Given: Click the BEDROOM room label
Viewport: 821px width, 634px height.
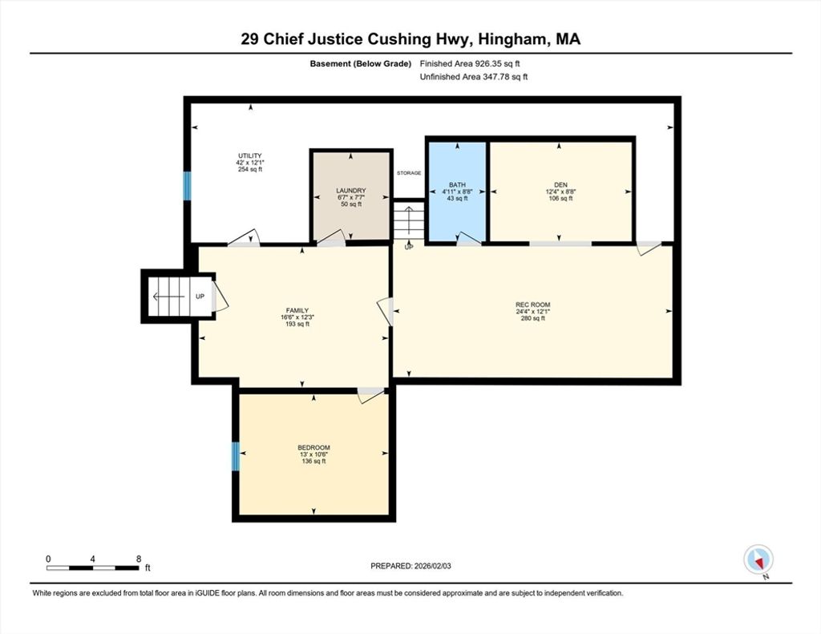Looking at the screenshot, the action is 313,447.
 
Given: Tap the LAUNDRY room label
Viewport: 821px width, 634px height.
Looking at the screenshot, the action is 351,191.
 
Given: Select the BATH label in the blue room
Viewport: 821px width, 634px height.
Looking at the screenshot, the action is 457,185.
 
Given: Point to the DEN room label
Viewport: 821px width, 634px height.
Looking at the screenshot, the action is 560,185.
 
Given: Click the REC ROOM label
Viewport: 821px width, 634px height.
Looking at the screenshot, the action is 533,305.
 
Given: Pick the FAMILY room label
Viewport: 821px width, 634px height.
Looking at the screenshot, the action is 297,310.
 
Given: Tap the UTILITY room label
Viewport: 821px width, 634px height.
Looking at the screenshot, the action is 250,156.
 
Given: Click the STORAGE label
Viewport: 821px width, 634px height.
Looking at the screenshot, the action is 409,173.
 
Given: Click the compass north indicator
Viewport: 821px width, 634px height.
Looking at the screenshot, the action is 758,561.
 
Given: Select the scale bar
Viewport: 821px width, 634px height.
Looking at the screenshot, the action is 93,567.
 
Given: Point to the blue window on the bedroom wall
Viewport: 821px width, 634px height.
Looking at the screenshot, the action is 236,456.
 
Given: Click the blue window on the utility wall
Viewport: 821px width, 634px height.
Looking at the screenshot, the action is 187,186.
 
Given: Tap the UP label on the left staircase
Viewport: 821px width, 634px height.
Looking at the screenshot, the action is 200,297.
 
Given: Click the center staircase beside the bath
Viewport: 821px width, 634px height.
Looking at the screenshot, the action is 408,221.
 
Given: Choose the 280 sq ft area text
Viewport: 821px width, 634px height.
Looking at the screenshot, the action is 533,318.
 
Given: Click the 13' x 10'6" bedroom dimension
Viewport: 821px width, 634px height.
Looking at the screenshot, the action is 313,454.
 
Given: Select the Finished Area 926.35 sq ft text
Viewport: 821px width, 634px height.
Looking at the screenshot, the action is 470,64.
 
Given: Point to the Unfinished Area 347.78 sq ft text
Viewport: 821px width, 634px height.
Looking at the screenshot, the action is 474,77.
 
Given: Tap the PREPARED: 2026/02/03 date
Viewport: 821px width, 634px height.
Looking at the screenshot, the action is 410,566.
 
